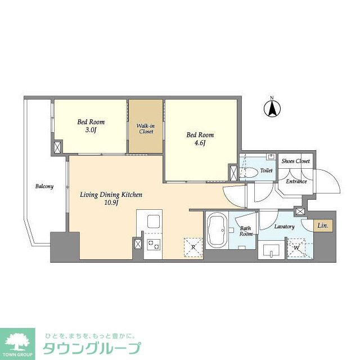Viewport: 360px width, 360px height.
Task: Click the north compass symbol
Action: (272, 109)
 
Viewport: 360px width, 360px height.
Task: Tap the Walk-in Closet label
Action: (146, 129)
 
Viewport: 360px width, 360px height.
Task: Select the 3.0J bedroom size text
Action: (91, 130)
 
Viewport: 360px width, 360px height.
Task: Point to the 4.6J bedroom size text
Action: (200, 143)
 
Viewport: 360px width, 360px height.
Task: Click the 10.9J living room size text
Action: (111, 203)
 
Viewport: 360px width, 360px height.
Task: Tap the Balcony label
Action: (44, 186)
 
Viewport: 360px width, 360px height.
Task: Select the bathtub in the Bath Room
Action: (217, 230)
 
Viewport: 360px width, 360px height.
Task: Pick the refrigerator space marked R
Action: (193, 247)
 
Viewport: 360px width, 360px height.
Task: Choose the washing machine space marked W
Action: (296, 248)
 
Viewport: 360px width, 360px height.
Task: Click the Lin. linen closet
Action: (323, 226)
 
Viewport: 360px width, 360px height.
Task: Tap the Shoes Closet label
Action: (296, 161)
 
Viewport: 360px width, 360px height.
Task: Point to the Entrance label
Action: (296, 181)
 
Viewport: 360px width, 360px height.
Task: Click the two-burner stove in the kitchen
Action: (154, 244)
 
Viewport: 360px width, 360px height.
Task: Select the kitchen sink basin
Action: (154, 221)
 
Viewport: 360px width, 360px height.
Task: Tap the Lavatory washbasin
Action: (271, 250)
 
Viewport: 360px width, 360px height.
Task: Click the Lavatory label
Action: (285, 227)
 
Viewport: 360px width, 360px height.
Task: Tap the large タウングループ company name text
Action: (92, 348)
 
